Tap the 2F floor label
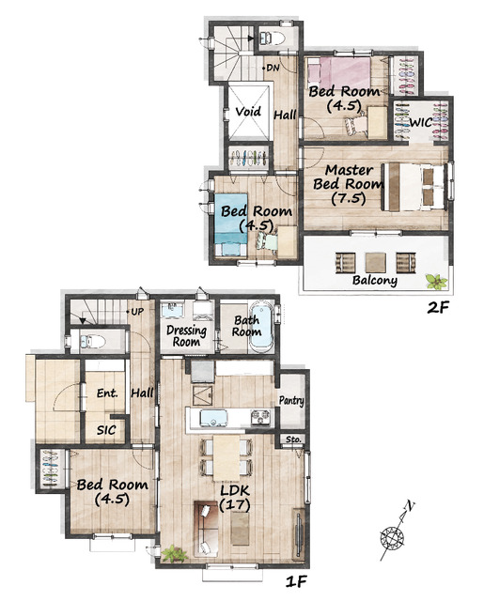pos(438,307)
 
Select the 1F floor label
pos(297,582)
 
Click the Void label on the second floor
pos(248,112)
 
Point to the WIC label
pos(421,123)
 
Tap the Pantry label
pos(291,401)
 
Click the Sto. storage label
pos(294,439)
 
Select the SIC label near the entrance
pos(106,430)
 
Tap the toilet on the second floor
pos(273,38)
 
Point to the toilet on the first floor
pos(92,341)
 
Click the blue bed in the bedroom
pos(230,224)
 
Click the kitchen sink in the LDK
pos(213,418)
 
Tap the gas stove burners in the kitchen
pos(260,418)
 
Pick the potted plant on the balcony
pos(436,282)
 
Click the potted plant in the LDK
pos(174,554)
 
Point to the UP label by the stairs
pos(137,312)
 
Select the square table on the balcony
pos(376,263)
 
